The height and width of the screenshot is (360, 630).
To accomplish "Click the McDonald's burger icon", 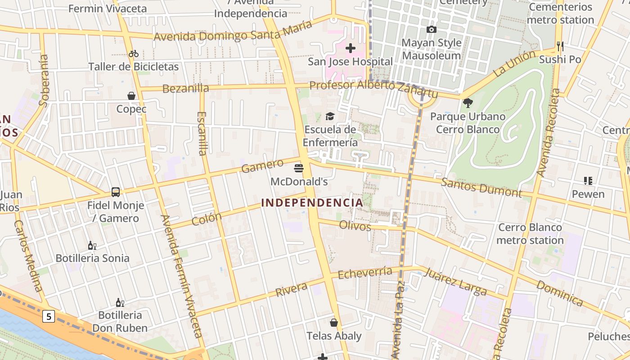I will pos(298,168).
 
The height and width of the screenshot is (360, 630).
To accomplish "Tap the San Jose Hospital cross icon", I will pos(350,48).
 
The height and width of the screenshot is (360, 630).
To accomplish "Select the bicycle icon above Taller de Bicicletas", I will pos(134,54).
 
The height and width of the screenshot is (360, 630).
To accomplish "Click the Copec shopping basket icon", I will pos(131,96).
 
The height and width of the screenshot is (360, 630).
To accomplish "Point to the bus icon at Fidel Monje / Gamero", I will pos(116,192).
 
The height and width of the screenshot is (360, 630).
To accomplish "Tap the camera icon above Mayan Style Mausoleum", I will pos(431,30).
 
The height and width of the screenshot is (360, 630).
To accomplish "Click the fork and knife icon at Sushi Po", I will pos(560,46).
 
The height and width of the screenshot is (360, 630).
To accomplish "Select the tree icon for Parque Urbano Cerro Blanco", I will pos(468,103).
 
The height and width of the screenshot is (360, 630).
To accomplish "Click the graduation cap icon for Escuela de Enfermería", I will pos(330,117).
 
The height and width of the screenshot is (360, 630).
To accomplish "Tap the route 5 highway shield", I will pos(49,316).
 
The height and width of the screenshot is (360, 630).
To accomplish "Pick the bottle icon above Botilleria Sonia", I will pos(92,245).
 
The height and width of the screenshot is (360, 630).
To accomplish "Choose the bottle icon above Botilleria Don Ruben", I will pos(120,302).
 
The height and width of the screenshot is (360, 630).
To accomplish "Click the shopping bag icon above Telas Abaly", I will pos(334,323).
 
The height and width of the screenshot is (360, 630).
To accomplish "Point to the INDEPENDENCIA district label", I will pos(312,203).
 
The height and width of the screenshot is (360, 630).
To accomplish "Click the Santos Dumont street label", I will pos(481,188).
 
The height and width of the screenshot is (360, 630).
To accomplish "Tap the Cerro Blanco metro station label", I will pos(530,234).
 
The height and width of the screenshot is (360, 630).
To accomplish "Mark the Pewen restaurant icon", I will pos(588,181).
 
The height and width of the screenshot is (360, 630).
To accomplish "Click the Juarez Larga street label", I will pos(455,282).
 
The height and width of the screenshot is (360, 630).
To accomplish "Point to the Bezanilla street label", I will pos(185,89).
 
